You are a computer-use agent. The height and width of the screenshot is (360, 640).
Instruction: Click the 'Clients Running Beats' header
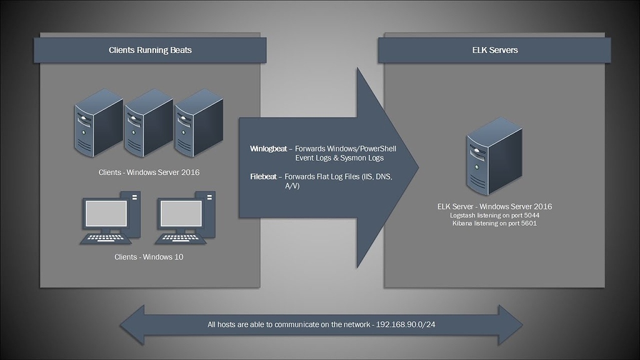coord(150,50)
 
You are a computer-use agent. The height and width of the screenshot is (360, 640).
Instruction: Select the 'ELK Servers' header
coord(494,50)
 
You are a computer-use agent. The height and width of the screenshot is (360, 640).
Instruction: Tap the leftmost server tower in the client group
coord(98,122)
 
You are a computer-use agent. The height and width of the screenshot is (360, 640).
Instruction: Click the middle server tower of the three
coord(148,122)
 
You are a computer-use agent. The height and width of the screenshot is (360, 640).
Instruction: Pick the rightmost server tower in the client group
coord(198,122)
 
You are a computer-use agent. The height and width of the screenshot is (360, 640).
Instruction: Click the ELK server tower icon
coord(494,156)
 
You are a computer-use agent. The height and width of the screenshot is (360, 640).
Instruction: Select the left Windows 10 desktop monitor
coord(106,214)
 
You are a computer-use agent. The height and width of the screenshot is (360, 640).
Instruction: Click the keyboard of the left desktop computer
coord(105,238)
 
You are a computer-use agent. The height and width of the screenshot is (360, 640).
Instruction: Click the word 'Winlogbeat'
coord(268,149)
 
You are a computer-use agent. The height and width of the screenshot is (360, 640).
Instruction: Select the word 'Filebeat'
coord(263,177)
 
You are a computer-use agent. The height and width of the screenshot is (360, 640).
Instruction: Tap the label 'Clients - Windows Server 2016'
coord(149,172)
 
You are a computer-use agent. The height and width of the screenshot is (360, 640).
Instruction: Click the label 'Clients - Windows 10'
coord(149,257)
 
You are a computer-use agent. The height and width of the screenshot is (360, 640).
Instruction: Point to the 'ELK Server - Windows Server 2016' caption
coord(494,206)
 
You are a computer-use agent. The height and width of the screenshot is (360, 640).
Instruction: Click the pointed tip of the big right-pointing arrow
coord(417,167)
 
